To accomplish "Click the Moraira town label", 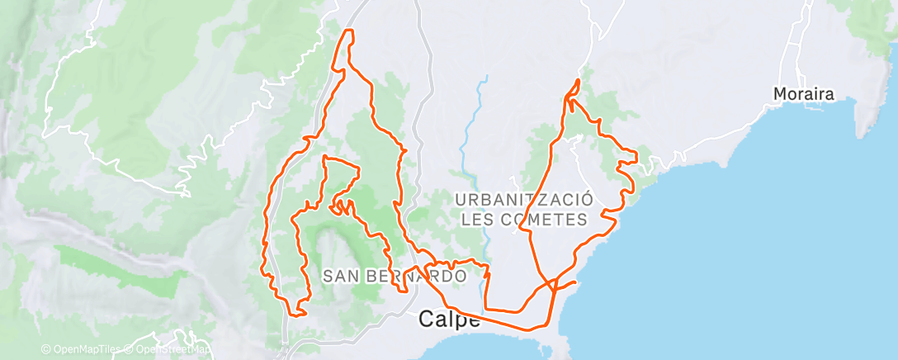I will (804, 95).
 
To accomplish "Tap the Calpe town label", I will (450, 319).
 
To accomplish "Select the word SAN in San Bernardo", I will (338, 276).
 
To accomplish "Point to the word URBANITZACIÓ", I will (524, 200).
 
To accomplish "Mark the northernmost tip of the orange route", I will (349, 31).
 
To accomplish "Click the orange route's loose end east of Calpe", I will (574, 284).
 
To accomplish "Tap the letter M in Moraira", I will (780, 95).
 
